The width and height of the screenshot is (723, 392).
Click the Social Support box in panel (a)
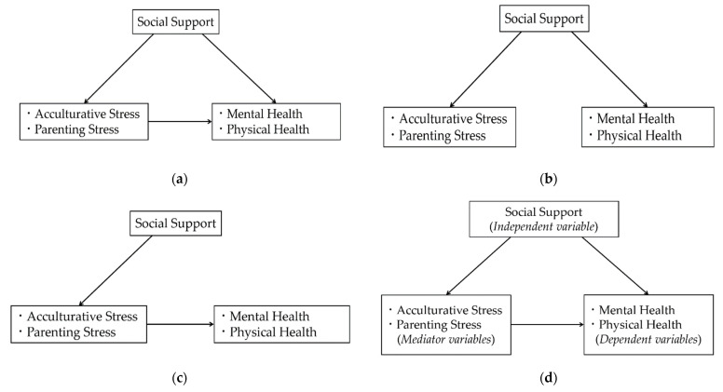tap(176, 22)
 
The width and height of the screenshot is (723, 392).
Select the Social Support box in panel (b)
tap(544, 19)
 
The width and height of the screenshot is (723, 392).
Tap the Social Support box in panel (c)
tap(176, 223)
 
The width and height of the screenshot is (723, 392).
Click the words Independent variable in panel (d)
tap(544, 226)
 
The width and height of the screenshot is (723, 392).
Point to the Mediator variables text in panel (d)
tap(446, 340)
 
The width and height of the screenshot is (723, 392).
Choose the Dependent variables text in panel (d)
tap(648, 340)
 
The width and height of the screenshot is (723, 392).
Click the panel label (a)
tap(180, 179)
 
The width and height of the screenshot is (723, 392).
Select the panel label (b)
tap(548, 179)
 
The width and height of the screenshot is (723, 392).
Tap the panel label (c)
tap(179, 379)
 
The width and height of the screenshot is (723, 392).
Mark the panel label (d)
tap(548, 379)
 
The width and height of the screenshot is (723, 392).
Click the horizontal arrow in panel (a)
tap(181, 122)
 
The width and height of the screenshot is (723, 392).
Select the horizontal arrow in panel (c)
tap(181, 324)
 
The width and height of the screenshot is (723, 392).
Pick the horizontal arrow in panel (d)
tap(547, 324)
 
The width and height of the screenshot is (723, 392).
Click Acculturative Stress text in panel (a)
tap(88, 114)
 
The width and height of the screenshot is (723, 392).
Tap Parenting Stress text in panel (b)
tap(443, 135)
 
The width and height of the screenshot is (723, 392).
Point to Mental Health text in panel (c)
tap(269, 317)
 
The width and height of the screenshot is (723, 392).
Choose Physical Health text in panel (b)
tap(639, 135)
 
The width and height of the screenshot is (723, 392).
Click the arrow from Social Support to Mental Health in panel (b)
tap(609, 69)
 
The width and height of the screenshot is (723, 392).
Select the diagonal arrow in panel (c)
tap(116, 271)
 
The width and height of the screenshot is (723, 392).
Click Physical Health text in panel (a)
tap(268, 129)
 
